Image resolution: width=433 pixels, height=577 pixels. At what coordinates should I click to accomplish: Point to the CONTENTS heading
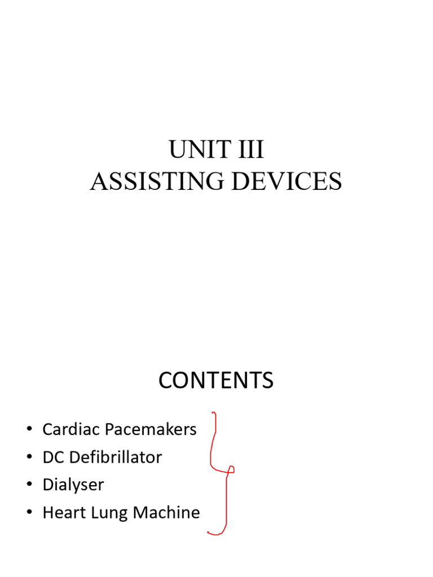point(216,381)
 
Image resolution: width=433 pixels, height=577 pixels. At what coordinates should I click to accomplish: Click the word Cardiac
point(69,429)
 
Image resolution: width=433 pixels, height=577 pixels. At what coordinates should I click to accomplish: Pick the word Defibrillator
point(114,457)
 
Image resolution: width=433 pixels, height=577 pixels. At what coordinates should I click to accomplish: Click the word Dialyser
point(73,485)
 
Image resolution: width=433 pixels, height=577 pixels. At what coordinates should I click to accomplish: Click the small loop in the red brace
point(230,469)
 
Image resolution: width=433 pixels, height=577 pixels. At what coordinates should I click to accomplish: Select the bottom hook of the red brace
point(211,532)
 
